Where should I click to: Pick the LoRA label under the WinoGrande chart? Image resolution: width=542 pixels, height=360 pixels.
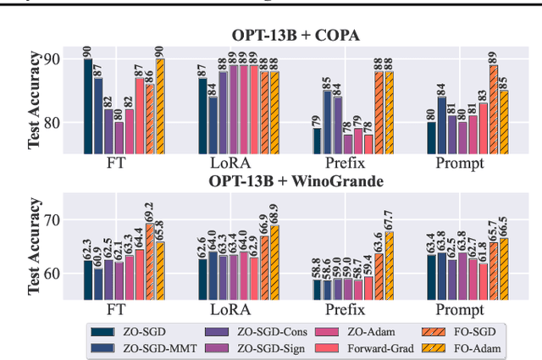233,310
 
